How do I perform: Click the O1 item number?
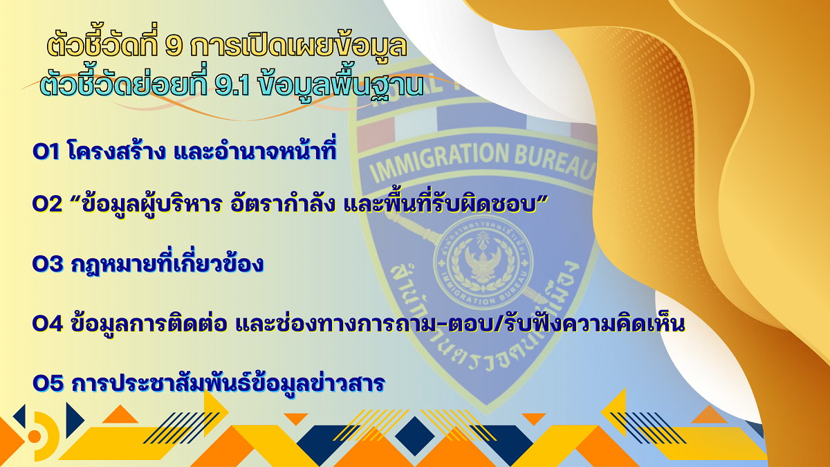(x=46, y=152)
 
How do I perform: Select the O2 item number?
(x=48, y=204)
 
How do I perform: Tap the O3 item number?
(x=48, y=264)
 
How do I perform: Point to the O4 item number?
(x=48, y=324)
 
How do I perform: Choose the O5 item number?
(x=48, y=383)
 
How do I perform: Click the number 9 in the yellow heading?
(x=174, y=46)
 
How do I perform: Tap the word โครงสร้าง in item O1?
(x=116, y=151)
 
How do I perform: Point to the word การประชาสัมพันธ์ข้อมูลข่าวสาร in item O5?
(x=228, y=382)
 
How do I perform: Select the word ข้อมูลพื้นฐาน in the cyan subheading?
(x=341, y=85)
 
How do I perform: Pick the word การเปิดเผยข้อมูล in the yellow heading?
(x=299, y=46)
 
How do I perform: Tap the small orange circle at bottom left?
(x=35, y=437)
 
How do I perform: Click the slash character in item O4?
(x=500, y=323)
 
